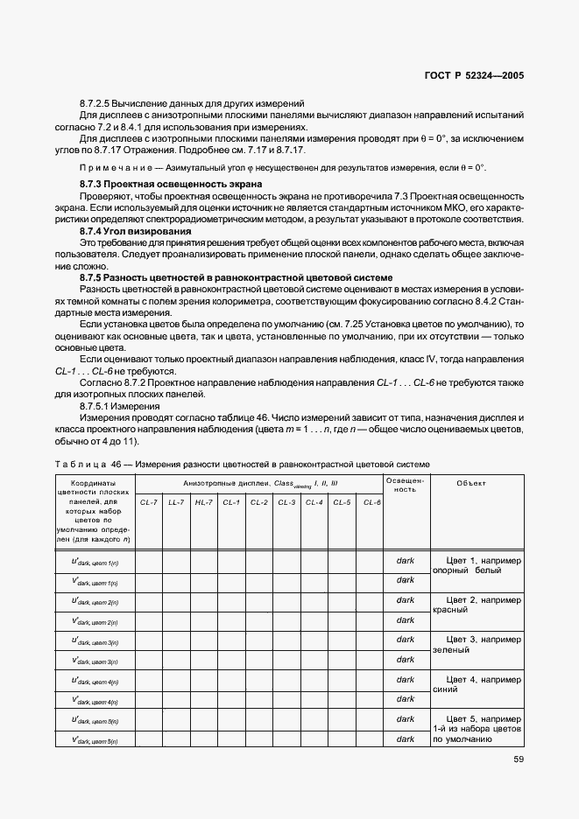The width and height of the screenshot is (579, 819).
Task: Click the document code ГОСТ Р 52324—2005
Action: click(475, 76)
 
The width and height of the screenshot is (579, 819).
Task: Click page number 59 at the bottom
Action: click(519, 759)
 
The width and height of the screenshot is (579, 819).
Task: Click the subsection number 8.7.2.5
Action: click(101, 103)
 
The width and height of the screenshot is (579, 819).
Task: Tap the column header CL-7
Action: click(148, 502)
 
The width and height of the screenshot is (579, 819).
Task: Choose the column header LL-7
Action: click(176, 502)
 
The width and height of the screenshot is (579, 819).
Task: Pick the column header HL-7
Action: click(204, 502)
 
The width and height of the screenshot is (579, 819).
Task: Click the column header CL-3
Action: click(286, 502)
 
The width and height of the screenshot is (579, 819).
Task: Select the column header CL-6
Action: click(371, 502)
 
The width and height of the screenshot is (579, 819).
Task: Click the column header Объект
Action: click(471, 483)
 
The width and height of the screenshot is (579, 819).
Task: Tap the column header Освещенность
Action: click(406, 486)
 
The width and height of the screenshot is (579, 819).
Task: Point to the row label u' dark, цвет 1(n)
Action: click(95, 561)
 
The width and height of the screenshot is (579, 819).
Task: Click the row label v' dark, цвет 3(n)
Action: click(95, 661)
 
